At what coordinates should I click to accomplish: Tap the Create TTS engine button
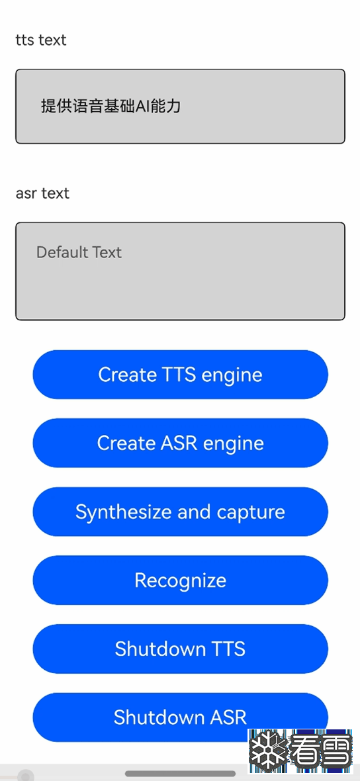180,375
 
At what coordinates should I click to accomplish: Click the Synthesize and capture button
180,512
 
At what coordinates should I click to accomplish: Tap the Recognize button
180,580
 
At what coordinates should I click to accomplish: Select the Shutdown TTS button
180,649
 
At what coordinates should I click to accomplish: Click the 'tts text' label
41,40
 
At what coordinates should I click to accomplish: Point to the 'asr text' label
42,193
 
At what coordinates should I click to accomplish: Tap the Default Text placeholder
79,252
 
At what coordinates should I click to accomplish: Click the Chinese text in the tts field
111,106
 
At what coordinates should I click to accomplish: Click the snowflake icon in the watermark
268,750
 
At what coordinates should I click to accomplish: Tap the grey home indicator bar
180,774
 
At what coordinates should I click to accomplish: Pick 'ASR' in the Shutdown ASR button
228,717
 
